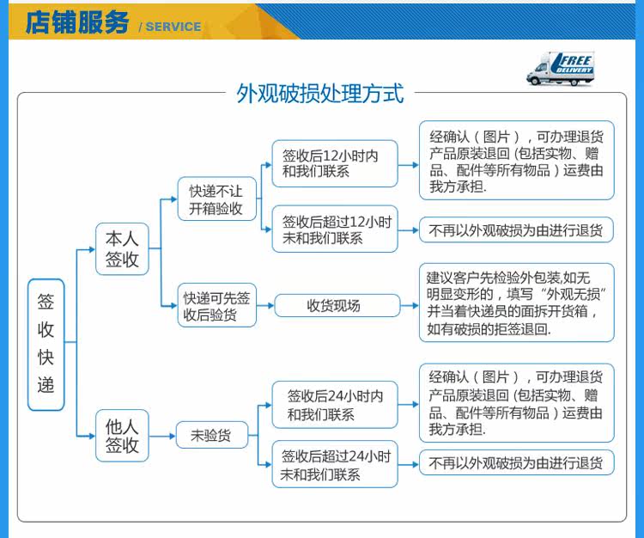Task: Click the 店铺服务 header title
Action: (76, 22)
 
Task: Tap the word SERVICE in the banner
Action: (173, 27)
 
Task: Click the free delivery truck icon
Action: (561, 69)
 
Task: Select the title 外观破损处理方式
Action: (320, 94)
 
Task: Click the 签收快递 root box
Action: (46, 345)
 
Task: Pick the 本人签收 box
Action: (122, 249)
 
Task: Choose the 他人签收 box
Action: (122, 436)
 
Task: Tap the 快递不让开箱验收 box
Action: (217, 199)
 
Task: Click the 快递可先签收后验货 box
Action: (217, 305)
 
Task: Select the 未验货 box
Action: (212, 435)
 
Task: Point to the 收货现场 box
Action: (337, 305)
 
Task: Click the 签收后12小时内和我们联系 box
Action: (335, 163)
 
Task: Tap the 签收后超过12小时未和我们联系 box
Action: (335, 229)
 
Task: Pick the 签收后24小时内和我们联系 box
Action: (335, 405)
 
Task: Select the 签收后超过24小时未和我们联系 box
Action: (335, 464)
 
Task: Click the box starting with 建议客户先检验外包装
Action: (517, 303)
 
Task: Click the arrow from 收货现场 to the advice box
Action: (410, 306)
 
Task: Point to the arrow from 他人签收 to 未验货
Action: (162, 436)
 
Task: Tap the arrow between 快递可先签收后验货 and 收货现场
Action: (265, 306)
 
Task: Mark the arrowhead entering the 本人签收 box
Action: (92, 249)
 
